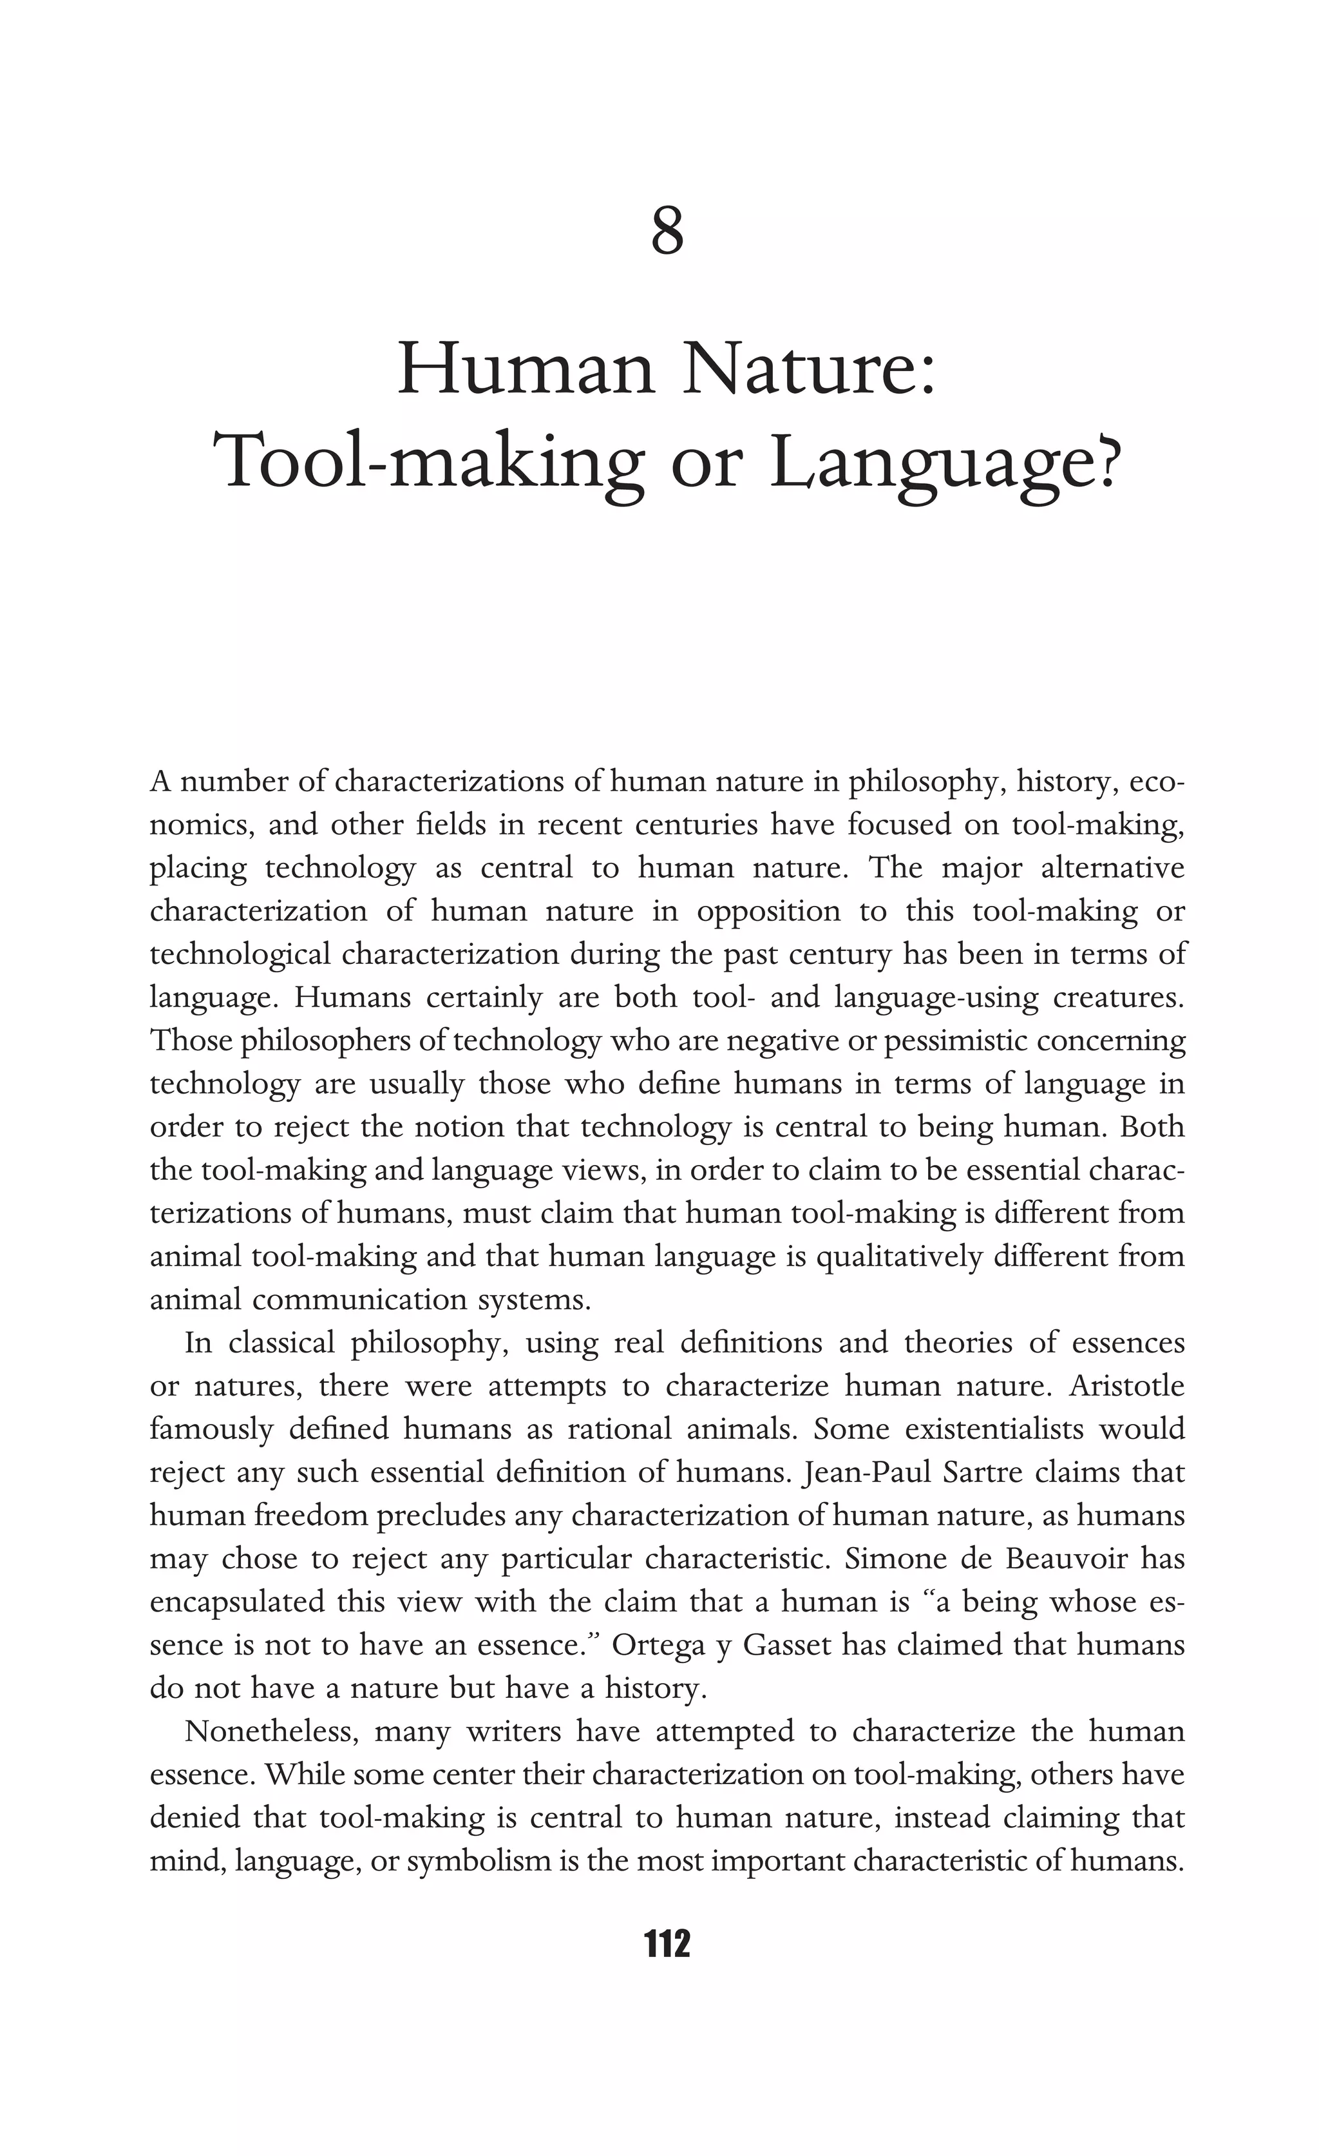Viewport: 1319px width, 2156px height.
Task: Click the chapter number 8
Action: click(x=667, y=233)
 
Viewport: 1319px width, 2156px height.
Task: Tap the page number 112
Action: click(x=667, y=1944)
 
